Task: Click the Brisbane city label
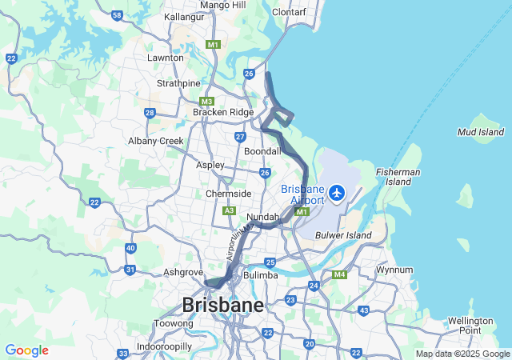click(x=222, y=305)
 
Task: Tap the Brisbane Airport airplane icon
click(x=337, y=194)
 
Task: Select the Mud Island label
click(x=481, y=131)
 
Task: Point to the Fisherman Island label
click(x=398, y=176)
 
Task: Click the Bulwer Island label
click(x=344, y=235)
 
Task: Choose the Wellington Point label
click(x=470, y=325)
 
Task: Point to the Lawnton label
click(x=166, y=58)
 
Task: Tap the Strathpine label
click(x=178, y=83)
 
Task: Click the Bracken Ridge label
click(x=222, y=113)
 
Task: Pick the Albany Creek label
click(x=156, y=141)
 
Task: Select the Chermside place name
click(x=229, y=194)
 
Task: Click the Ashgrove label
click(x=183, y=272)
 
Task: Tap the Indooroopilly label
click(x=164, y=346)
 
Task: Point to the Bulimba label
click(x=261, y=275)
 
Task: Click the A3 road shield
click(x=229, y=211)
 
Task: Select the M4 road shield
click(x=339, y=275)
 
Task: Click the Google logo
click(x=26, y=350)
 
